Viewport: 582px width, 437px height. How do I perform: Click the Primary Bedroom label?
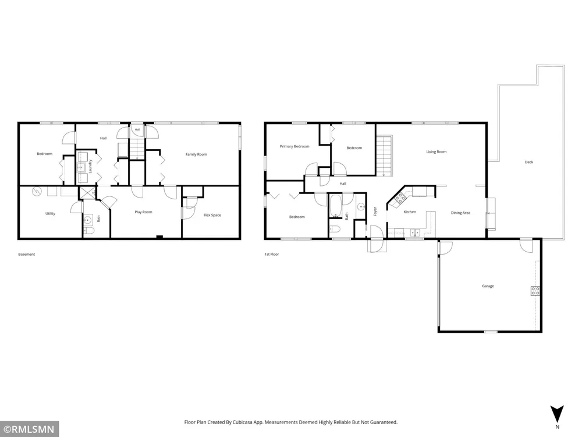click(x=294, y=146)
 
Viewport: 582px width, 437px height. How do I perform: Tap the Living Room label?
click(x=436, y=151)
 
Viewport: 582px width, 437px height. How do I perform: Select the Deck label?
click(x=529, y=162)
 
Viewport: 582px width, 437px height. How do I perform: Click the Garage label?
click(x=488, y=286)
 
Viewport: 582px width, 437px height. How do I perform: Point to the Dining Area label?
click(x=460, y=213)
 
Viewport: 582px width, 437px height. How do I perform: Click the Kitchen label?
click(x=410, y=212)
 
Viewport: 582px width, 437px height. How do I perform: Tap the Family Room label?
click(x=196, y=154)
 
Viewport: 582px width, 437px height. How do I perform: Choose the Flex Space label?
click(x=212, y=215)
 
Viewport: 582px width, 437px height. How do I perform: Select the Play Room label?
click(x=143, y=212)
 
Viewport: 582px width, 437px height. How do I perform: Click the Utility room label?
click(x=50, y=214)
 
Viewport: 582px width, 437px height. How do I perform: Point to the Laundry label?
click(x=90, y=166)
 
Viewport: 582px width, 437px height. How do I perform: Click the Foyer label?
click(x=375, y=212)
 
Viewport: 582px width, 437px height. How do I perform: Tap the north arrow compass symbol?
click(x=557, y=414)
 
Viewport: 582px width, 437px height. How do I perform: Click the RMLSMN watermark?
click(x=29, y=429)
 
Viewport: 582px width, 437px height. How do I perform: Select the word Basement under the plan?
click(x=27, y=255)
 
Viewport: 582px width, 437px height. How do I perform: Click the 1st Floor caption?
click(x=272, y=255)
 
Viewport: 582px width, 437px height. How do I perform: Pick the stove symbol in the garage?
click(x=535, y=291)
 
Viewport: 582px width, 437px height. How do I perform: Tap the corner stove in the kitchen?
click(x=400, y=198)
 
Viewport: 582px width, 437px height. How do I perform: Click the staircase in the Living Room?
click(x=384, y=156)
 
